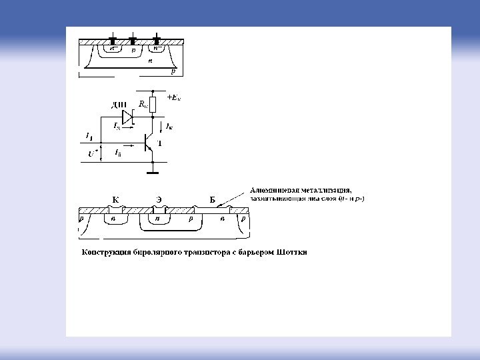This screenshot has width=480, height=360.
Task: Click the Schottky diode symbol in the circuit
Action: (x=128, y=116)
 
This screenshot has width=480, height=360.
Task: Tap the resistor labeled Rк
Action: (x=153, y=104)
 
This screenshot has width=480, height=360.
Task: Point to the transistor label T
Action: (x=159, y=143)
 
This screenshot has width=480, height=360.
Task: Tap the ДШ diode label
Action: (x=119, y=105)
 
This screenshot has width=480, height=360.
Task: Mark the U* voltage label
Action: (x=93, y=153)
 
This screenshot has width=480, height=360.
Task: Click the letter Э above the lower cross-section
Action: (x=159, y=200)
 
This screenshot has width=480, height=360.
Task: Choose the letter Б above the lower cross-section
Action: (x=212, y=200)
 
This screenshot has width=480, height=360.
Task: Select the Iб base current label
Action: (x=118, y=154)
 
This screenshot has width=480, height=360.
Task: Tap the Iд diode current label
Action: (x=117, y=125)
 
